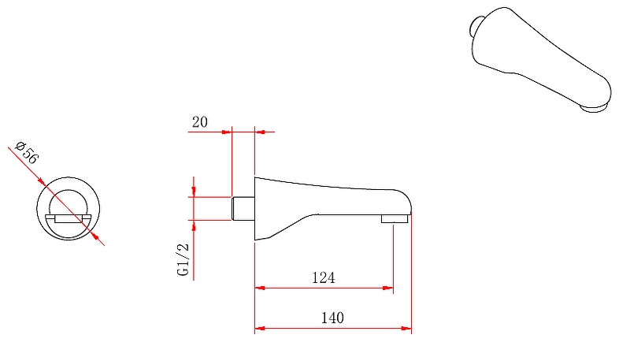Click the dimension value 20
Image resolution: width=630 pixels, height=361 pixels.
point(200,122)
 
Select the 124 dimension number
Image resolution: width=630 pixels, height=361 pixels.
point(324,277)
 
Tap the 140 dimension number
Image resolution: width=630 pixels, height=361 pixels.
point(332,318)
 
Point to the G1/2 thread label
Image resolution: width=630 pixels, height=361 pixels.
point(183,259)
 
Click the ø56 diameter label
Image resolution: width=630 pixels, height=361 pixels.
point(27,152)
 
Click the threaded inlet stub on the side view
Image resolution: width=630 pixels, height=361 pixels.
point(243,209)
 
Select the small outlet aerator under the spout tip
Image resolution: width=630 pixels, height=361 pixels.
point(395,218)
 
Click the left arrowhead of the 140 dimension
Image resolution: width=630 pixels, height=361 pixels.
point(260,329)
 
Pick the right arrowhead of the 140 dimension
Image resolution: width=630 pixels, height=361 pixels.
point(406,329)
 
